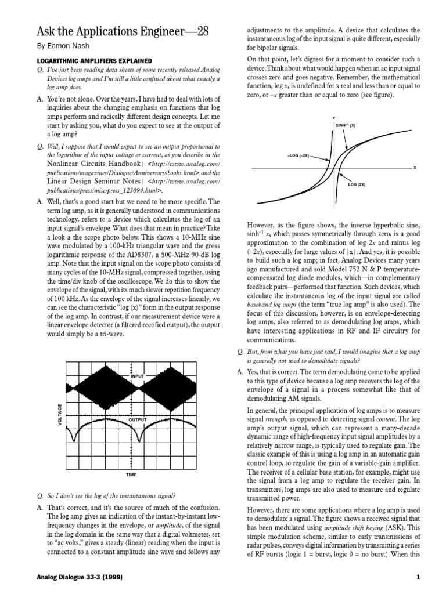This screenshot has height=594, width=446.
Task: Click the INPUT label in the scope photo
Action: click(x=137, y=376)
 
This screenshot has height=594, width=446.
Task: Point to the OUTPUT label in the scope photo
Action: click(x=137, y=419)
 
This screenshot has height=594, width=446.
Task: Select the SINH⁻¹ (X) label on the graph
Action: click(x=345, y=125)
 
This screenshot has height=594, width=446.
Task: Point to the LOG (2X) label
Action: click(x=356, y=184)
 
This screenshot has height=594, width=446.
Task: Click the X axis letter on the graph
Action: click(x=415, y=168)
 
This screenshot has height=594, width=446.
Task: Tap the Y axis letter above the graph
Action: click(x=333, y=118)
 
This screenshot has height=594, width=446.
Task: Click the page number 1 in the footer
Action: click(x=418, y=577)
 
